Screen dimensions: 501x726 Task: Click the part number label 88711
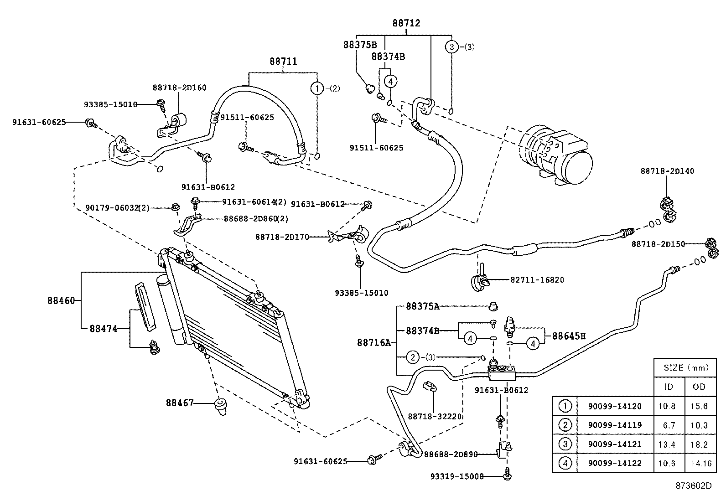coord(283,61)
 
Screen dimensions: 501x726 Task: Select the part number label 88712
coord(406,23)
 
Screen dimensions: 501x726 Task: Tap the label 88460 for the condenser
coord(61,300)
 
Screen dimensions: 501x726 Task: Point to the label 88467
coord(180,403)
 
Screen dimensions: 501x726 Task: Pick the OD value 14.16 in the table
coord(700,463)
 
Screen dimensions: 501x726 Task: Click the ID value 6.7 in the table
coord(669,425)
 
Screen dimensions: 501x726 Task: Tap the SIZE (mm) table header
coord(685,367)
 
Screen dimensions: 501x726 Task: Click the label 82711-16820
coord(537,279)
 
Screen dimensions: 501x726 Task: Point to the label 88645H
coord(569,336)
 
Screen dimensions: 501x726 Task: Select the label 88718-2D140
coord(667,171)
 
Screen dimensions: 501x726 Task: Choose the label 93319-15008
coord(456,476)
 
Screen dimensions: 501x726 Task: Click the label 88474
coord(104,328)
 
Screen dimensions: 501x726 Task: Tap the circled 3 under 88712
coord(451,46)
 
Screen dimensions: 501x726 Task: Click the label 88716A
coord(374,342)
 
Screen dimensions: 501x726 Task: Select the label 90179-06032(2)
coord(117,207)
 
